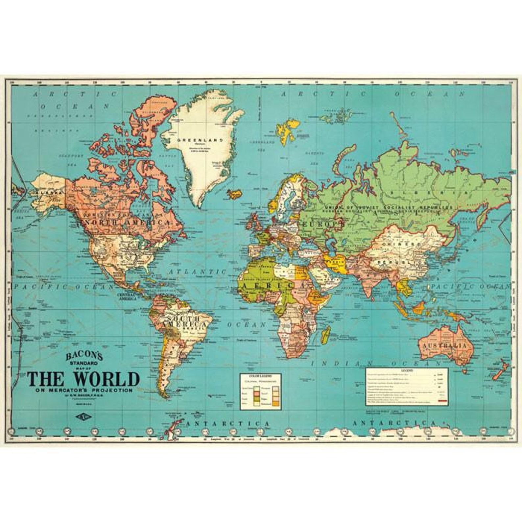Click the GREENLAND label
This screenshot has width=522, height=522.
click(200, 140)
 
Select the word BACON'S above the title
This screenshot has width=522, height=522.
click(84, 356)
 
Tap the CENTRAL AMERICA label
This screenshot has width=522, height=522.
click(127, 297)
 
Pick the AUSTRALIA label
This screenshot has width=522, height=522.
click(444, 346)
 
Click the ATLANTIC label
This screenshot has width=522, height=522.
click(198, 272)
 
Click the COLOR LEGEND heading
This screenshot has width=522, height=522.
click(260, 376)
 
